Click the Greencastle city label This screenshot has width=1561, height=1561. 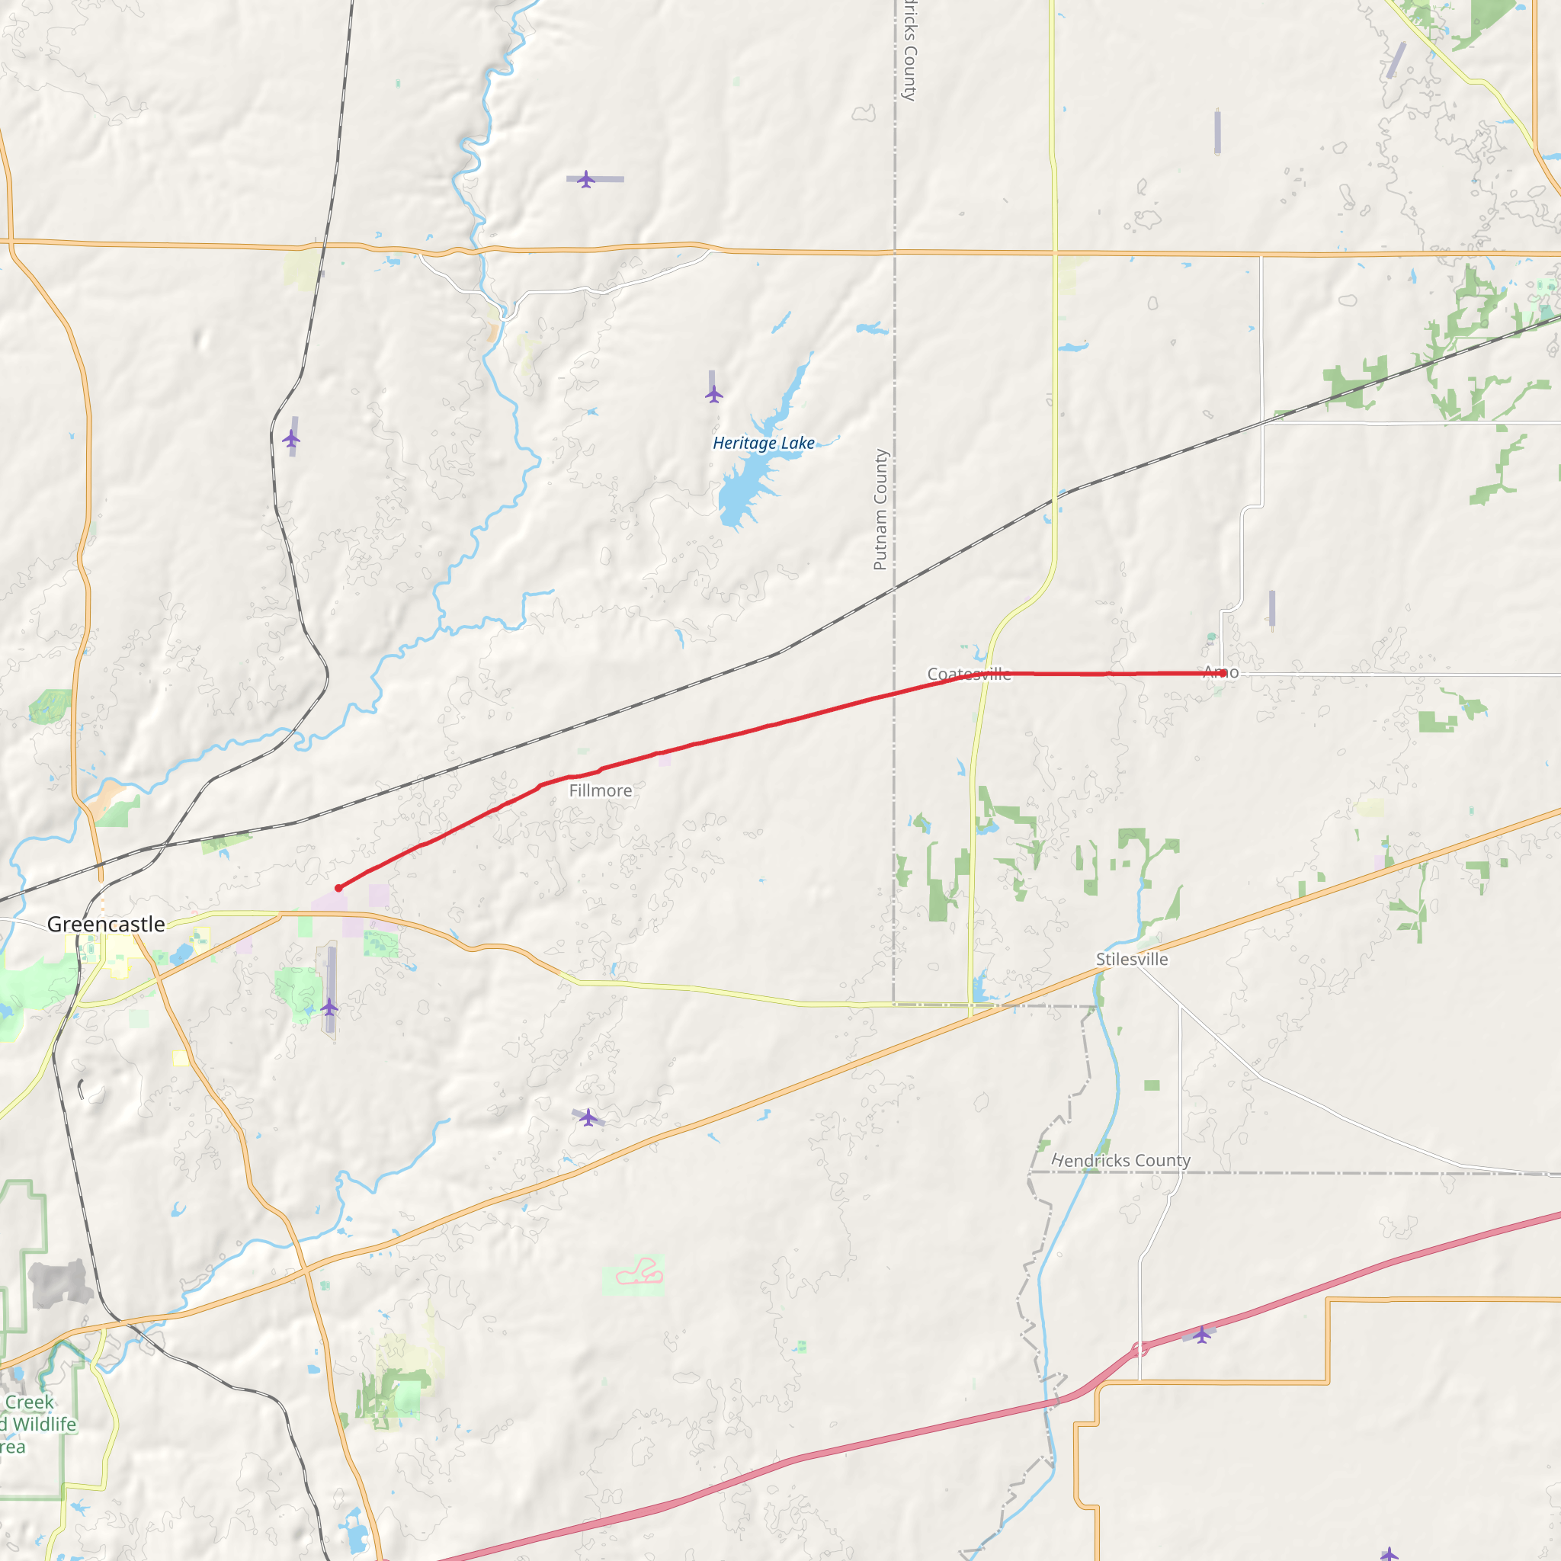pos(106,925)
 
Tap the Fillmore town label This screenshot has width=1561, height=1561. pos(601,791)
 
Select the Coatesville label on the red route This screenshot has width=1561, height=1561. pos(969,674)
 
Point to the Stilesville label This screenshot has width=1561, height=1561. pos(1132,960)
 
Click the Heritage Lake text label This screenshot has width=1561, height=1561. pos(764,443)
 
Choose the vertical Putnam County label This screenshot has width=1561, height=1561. pos(880,510)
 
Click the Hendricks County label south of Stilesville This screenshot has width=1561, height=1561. pos(1120,1161)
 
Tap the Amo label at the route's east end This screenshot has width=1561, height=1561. pos(1220,672)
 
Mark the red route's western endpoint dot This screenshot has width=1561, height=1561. pos(338,888)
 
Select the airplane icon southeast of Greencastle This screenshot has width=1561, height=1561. pos(329,1007)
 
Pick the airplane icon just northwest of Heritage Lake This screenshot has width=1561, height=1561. pos(714,394)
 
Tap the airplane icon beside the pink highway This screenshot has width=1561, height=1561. pos(1202,1335)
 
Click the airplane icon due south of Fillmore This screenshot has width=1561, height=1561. pos(589,1118)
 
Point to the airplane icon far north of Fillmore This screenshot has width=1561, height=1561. pos(587,179)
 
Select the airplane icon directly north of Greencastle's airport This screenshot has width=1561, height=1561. pos(292,439)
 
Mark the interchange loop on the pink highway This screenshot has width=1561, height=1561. pos(1140,1348)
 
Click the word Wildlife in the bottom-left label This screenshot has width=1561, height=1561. pos(44,1425)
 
